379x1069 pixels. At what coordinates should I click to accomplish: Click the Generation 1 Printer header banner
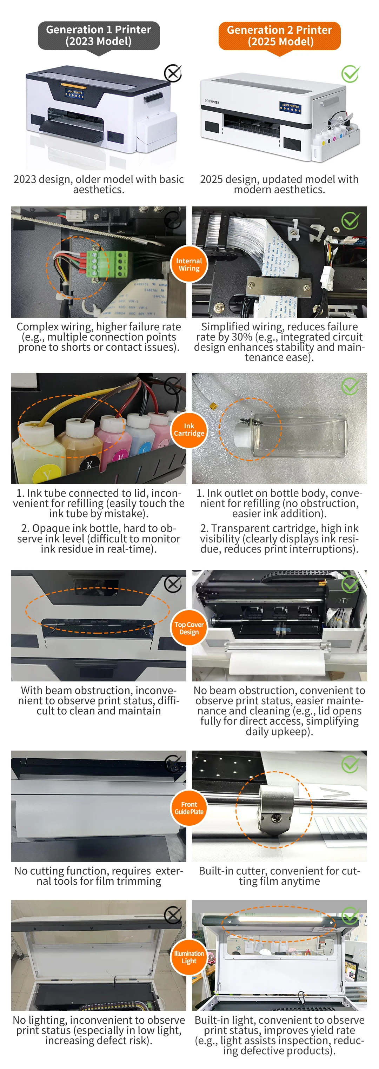point(99,36)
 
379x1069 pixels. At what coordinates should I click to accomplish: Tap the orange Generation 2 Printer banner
point(279,36)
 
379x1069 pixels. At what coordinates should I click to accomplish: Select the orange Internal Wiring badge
point(189,264)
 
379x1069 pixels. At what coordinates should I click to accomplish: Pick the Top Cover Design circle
point(189,628)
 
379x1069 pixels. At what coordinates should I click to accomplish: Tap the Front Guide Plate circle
point(189,808)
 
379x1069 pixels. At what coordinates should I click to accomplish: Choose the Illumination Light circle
point(189,957)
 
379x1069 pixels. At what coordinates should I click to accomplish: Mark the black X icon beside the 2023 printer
point(173,73)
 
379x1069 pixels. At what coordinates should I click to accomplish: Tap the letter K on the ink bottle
point(89,464)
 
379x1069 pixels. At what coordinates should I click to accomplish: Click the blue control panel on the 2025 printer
point(290,107)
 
